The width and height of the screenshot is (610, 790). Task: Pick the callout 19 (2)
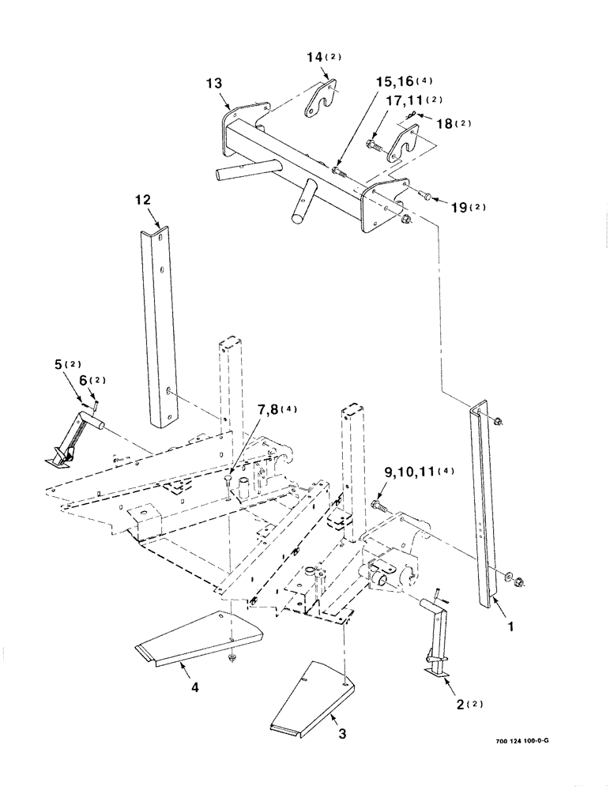469,207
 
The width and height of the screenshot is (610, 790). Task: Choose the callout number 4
194,687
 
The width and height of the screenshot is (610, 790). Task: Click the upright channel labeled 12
160,324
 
